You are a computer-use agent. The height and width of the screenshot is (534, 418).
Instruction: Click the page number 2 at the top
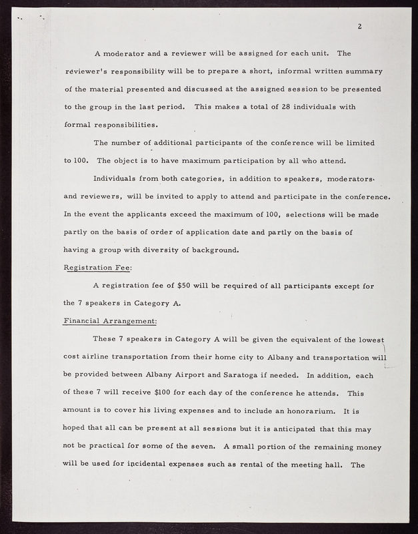[x=359, y=27]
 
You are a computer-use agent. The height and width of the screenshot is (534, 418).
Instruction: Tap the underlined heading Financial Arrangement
[x=110, y=320]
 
